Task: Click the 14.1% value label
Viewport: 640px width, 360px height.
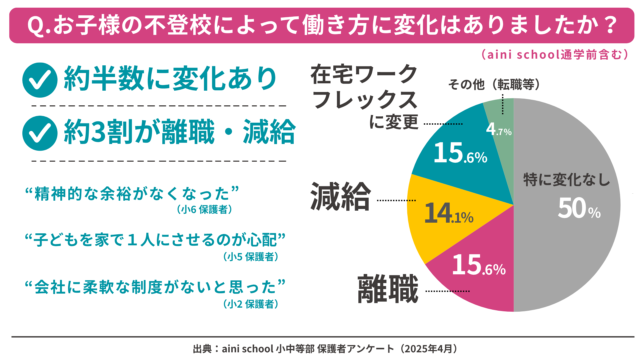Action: click(x=449, y=213)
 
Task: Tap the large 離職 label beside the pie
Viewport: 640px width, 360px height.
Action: click(x=388, y=289)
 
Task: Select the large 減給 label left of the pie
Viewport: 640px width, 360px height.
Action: click(x=340, y=197)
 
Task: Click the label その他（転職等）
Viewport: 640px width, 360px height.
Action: click(x=494, y=84)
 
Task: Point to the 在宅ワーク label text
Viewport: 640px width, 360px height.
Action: click(x=364, y=74)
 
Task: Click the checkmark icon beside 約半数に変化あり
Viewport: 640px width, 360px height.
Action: click(x=40, y=80)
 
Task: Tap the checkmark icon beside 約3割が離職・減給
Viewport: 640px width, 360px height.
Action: click(x=40, y=133)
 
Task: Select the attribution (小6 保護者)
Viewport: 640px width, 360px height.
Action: click(x=204, y=209)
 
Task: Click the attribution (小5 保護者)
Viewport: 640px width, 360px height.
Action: click(x=251, y=257)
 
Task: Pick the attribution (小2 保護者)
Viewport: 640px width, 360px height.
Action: click(x=251, y=304)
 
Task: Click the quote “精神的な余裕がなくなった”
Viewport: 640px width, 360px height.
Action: click(x=132, y=194)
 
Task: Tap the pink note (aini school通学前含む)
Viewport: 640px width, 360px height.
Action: click(x=555, y=54)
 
